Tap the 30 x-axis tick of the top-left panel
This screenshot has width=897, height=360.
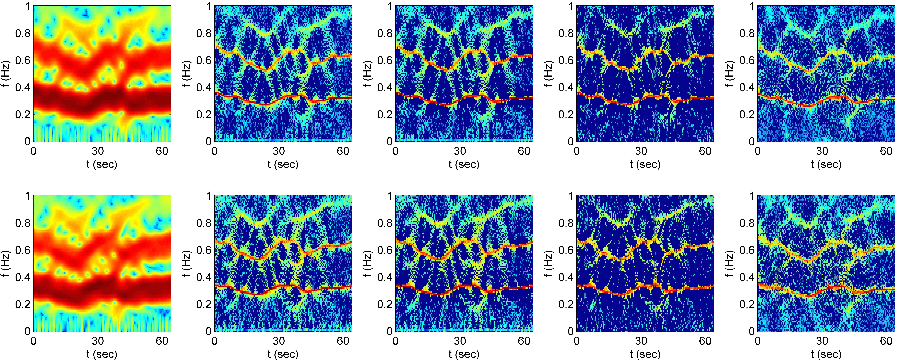point(98,151)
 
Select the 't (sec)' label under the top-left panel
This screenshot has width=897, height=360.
point(102,164)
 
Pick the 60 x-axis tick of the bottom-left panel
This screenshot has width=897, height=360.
point(162,341)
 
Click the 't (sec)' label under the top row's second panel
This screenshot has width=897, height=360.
point(283,164)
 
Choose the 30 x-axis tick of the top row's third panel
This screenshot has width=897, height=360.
point(460,151)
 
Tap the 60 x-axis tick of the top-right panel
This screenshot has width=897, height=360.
point(886,151)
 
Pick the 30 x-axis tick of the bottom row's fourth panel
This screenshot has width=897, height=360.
point(641,341)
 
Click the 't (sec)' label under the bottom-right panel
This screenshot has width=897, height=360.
point(826,354)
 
